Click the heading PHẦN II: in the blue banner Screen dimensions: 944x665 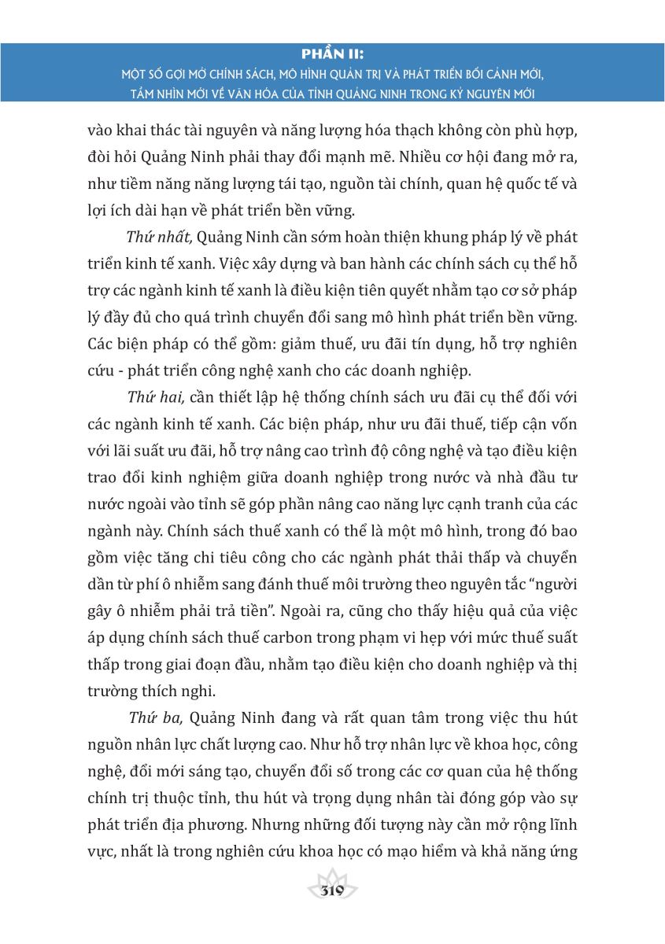pos(332,54)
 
